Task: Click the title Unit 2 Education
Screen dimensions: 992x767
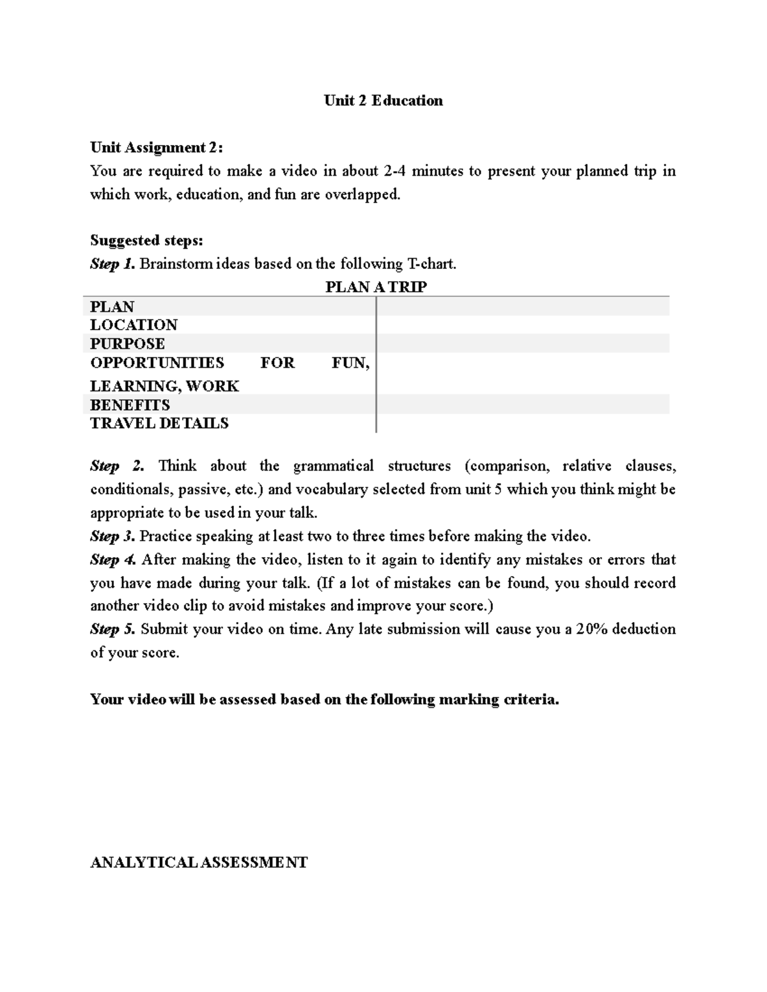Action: pyautogui.click(x=383, y=101)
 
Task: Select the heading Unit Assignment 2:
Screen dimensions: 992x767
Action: pyautogui.click(x=157, y=148)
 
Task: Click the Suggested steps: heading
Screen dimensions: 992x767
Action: pyautogui.click(x=146, y=241)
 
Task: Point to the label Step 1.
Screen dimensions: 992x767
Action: pyautogui.click(x=112, y=264)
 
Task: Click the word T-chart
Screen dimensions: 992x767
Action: pyautogui.click(x=431, y=264)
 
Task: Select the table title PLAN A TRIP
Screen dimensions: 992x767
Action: pyautogui.click(x=376, y=287)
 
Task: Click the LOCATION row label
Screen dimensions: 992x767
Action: pyautogui.click(x=134, y=325)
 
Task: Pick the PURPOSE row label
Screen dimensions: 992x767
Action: pyautogui.click(x=127, y=344)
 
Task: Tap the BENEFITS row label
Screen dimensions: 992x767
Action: pyautogui.click(x=130, y=405)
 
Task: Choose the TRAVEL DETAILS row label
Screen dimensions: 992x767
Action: pyautogui.click(x=159, y=424)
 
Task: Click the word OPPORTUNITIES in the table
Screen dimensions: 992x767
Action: pyautogui.click(x=157, y=363)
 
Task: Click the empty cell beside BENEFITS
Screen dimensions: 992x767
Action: pyautogui.click(x=523, y=405)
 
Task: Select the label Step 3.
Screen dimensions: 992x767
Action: pyautogui.click(x=112, y=536)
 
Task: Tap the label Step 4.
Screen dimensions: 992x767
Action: pyautogui.click(x=113, y=560)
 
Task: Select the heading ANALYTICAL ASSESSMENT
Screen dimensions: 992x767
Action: pyautogui.click(x=199, y=863)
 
